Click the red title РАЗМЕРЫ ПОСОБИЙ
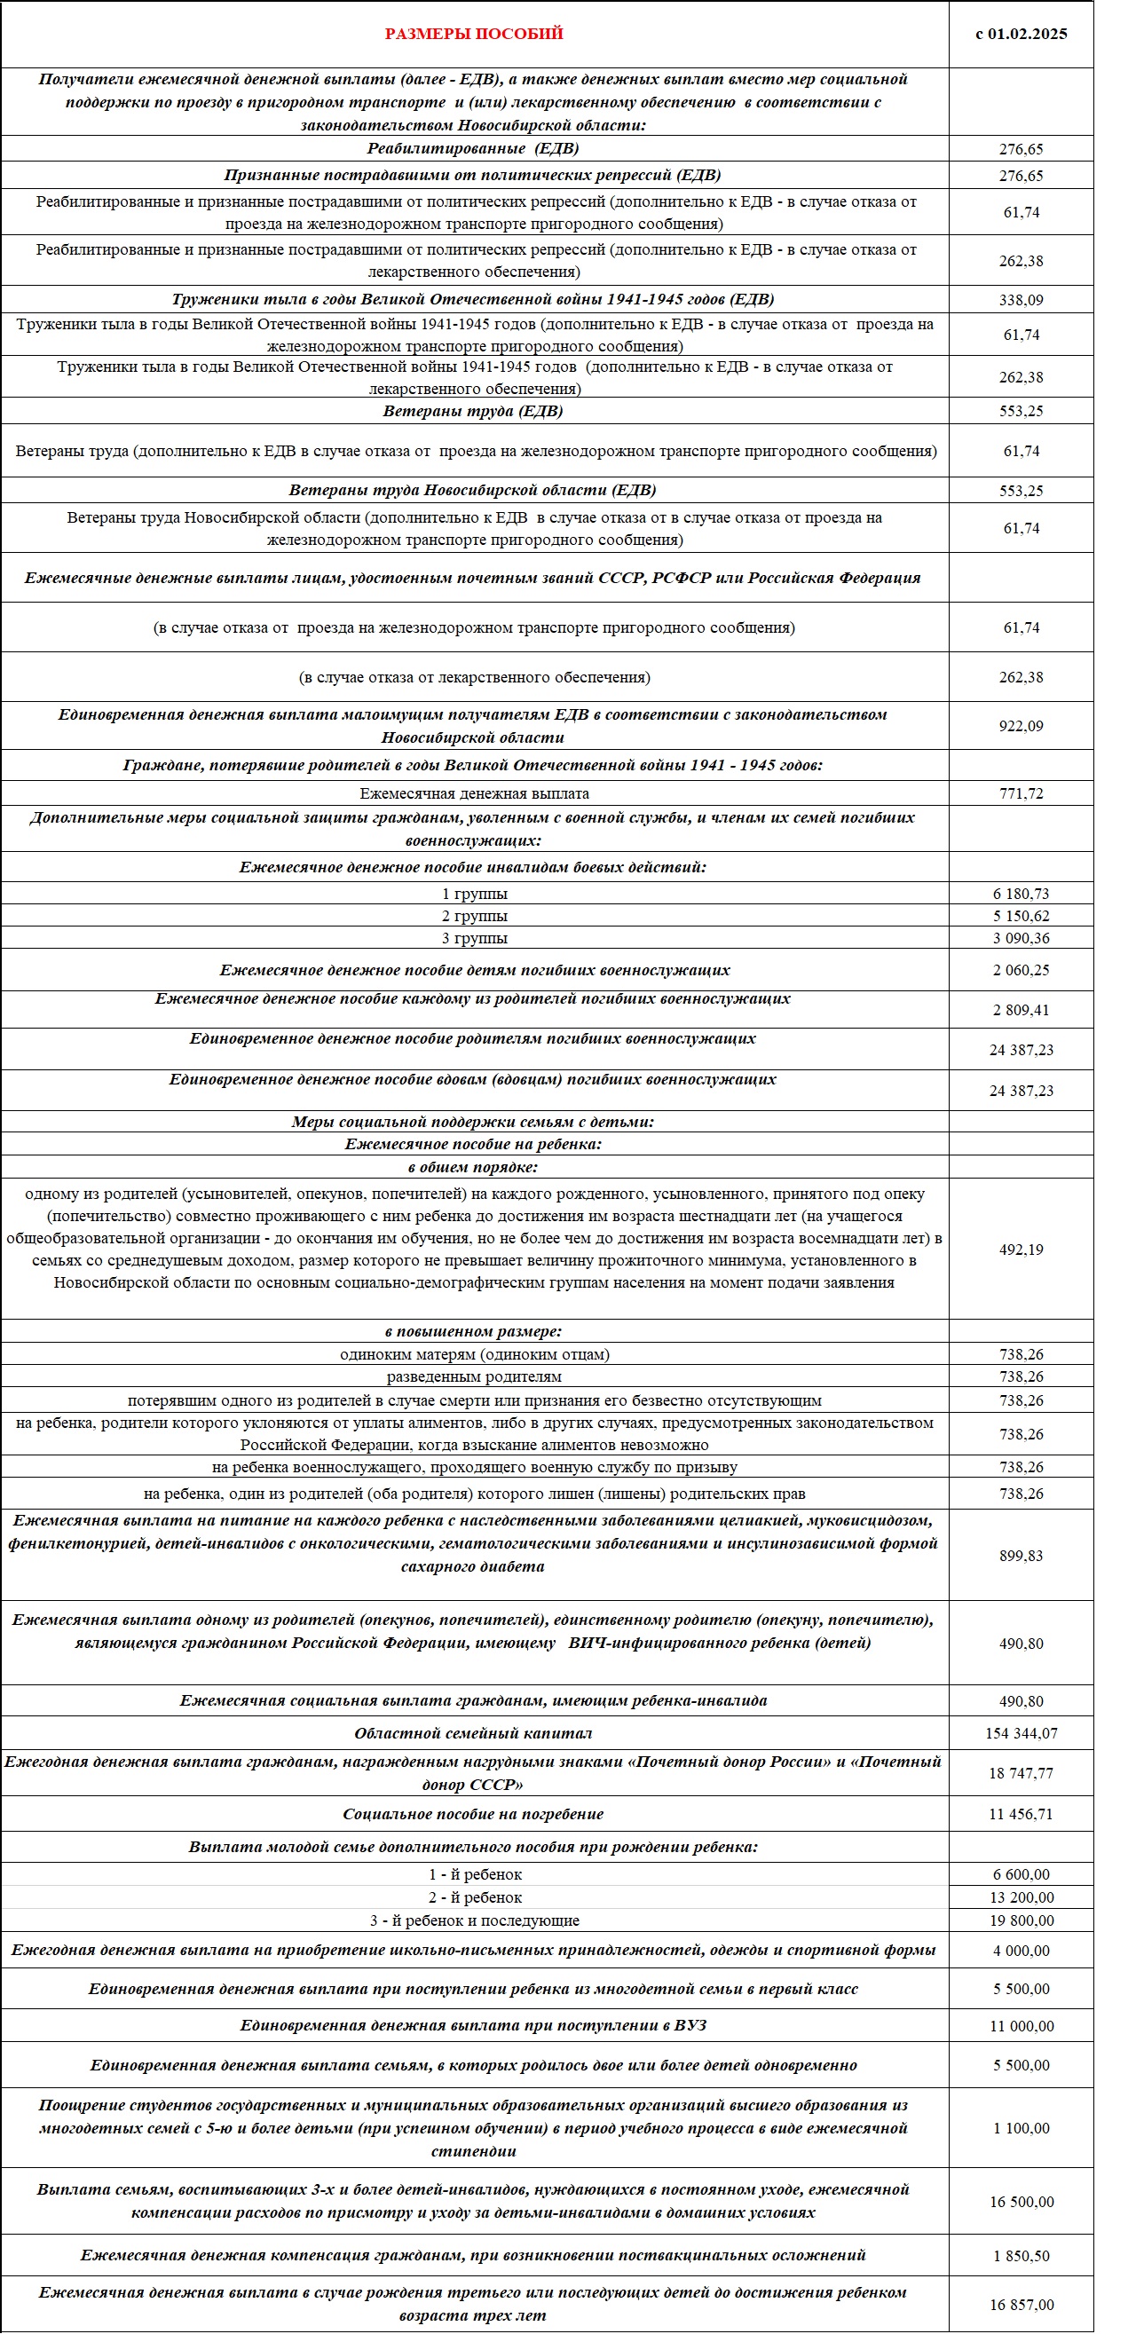pyautogui.click(x=474, y=34)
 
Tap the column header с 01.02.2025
pyautogui.click(x=1021, y=34)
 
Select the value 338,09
pyautogui.click(x=1021, y=300)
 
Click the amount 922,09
pyautogui.click(x=1021, y=726)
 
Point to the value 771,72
pyautogui.click(x=1021, y=793)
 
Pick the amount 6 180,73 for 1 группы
pyautogui.click(x=1021, y=895)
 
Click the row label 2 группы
pyautogui.click(x=474, y=916)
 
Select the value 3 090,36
pyautogui.click(x=1021, y=939)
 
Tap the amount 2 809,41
pyautogui.click(x=1021, y=1010)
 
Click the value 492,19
pyautogui.click(x=1021, y=1250)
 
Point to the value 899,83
pyautogui.click(x=1021, y=1556)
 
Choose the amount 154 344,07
pyautogui.click(x=1021, y=1733)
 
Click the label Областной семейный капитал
pyautogui.click(x=474, y=1733)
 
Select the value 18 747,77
pyautogui.click(x=1021, y=1773)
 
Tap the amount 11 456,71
pyautogui.click(x=1021, y=1814)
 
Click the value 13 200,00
pyautogui.click(x=1021, y=1897)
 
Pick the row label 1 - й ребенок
pyautogui.click(x=475, y=1874)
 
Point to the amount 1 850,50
pyautogui.click(x=1021, y=2256)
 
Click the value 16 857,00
pyautogui.click(x=1021, y=2305)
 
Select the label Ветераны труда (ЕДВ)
pyautogui.click(x=473, y=410)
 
